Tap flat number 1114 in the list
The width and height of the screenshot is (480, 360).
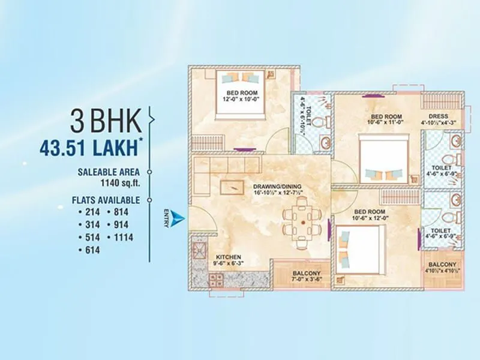(x=119, y=237)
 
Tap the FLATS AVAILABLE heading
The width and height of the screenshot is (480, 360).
(x=109, y=200)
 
